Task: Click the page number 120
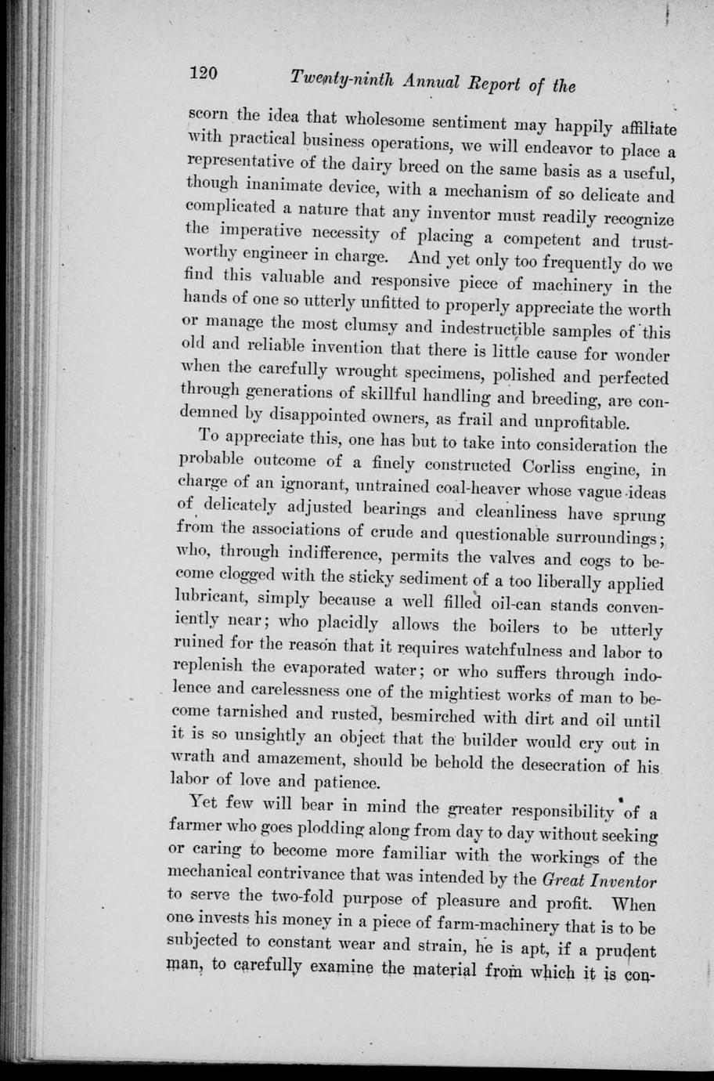tap(207, 73)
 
